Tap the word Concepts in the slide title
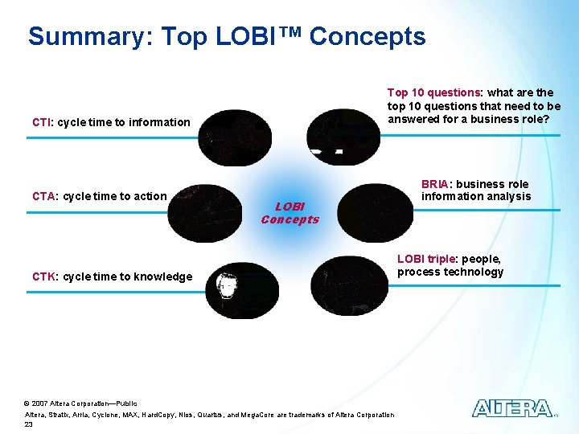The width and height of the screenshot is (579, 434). [x=368, y=37]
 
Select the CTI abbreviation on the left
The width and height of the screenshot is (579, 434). [x=42, y=122]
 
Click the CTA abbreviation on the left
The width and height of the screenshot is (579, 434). [x=43, y=196]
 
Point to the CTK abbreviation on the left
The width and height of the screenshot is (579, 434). [x=43, y=276]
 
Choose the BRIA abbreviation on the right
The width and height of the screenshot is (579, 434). [x=437, y=184]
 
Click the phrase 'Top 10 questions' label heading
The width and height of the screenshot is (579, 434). [x=433, y=92]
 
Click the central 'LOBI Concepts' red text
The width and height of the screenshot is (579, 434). [x=289, y=213]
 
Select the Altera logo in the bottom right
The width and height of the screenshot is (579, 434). [x=513, y=408]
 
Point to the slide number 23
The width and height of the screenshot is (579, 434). [x=30, y=424]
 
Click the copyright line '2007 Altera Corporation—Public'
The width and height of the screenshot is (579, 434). [x=84, y=403]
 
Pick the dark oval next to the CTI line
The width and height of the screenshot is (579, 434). [x=235, y=138]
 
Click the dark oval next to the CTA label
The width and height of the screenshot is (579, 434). [x=208, y=214]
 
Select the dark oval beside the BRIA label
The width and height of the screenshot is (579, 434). [x=374, y=214]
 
